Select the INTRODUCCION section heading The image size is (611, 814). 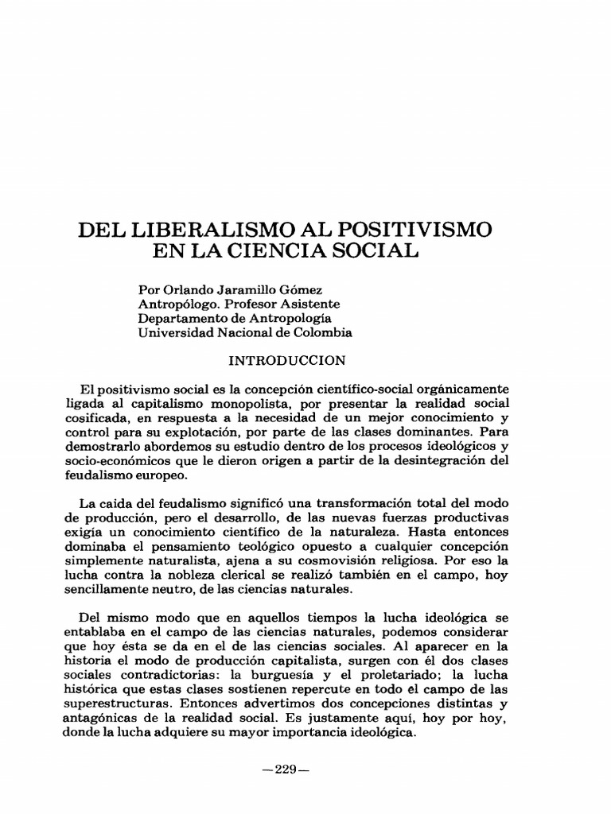(x=288, y=361)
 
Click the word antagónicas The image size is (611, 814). (x=103, y=719)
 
